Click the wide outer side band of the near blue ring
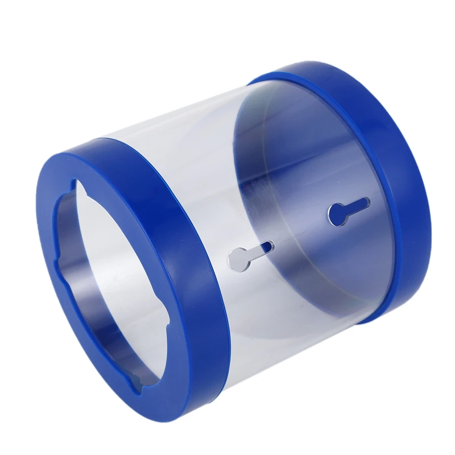click(x=188, y=227)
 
